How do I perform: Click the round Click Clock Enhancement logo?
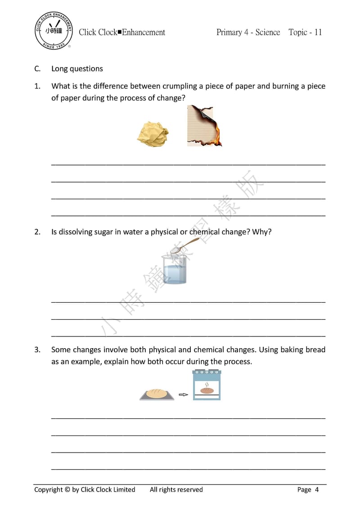coord(53,31)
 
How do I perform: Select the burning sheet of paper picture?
coord(204,126)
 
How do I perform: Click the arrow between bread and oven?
coord(183,395)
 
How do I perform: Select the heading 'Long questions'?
coord(77,69)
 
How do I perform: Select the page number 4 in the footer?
coord(317,489)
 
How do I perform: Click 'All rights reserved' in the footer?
coord(176,489)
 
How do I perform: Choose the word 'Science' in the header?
coord(268,32)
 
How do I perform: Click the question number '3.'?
coord(37,350)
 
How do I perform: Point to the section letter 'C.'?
coord(37,69)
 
